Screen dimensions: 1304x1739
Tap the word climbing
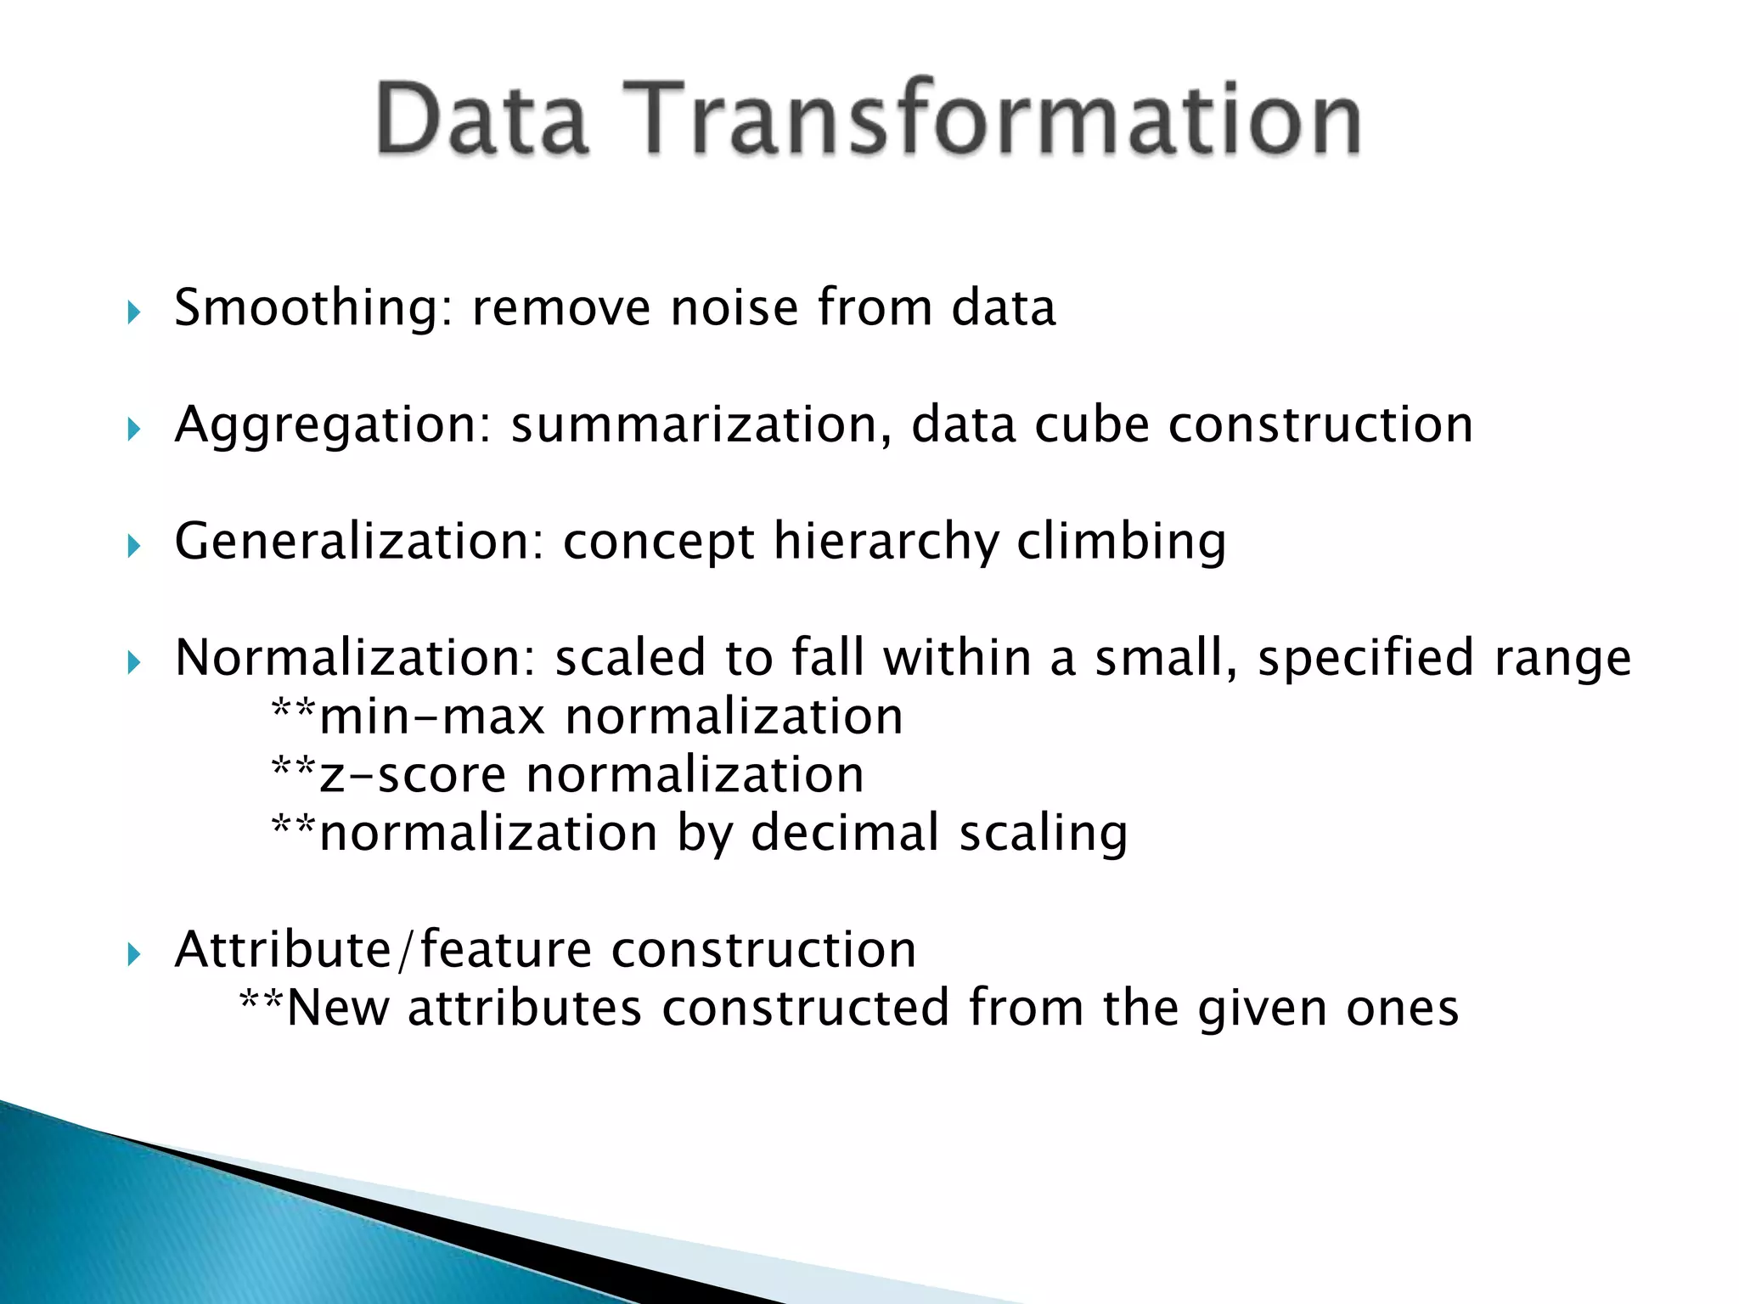pos(1121,542)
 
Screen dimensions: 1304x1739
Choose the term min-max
pos(432,717)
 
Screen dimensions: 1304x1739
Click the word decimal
pos(845,833)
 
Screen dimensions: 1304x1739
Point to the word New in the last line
pos(338,1008)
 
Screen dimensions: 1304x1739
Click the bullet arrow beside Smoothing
pos(133,312)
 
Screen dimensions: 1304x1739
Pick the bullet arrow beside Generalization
pos(133,546)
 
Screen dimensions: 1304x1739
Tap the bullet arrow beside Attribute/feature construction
pos(133,954)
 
